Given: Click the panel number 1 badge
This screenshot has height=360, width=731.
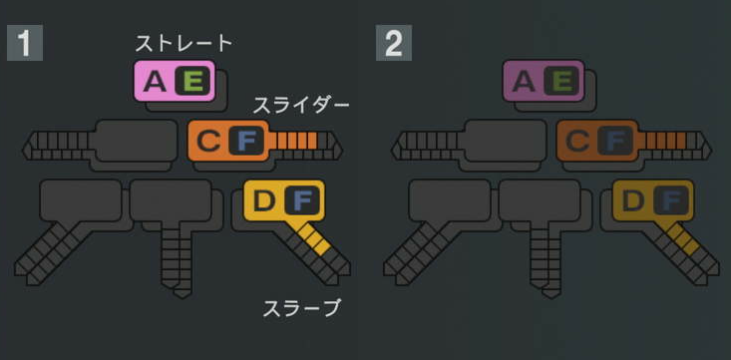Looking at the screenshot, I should (24, 43).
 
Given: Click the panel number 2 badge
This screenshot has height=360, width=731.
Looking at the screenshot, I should (393, 43).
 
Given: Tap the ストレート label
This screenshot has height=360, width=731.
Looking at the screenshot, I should (184, 43).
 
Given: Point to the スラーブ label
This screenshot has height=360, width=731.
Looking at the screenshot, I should (301, 308).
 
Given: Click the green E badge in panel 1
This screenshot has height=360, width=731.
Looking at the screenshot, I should (193, 82).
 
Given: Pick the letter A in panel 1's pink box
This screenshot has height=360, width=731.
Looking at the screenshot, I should (155, 82).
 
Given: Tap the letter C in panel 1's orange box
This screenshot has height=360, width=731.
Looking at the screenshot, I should (207, 141).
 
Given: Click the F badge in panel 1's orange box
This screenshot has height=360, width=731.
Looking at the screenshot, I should (246, 141).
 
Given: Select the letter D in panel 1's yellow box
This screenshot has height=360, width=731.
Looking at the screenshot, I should (263, 200).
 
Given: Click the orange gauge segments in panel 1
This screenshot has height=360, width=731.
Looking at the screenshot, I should (297, 142).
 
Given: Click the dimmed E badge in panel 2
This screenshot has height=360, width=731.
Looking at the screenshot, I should (562, 82).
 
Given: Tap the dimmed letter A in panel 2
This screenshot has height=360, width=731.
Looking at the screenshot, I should (524, 82).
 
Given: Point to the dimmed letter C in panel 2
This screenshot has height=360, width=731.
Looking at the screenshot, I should (576, 141).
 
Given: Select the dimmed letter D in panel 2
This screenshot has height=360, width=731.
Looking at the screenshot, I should (632, 200).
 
